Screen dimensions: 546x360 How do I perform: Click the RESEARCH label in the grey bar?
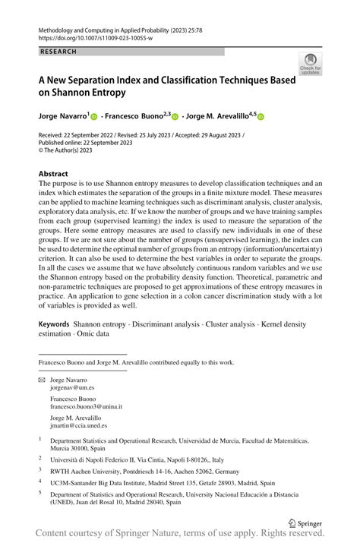(58, 52)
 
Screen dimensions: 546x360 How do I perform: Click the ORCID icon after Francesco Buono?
(175, 118)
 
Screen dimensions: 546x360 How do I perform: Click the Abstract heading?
(54, 173)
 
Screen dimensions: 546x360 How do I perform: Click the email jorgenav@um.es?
(70, 387)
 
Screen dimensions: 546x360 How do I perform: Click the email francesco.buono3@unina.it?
(86, 406)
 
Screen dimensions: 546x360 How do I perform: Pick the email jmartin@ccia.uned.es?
(78, 425)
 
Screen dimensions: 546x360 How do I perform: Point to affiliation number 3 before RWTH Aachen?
(40, 469)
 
